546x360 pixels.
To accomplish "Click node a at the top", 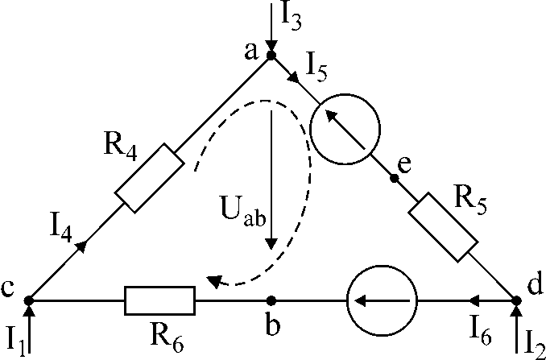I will pyautogui.click(x=271, y=55).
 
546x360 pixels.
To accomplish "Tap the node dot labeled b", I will pyautogui.click(x=271, y=301).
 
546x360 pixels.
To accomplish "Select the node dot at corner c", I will pyautogui.click(x=29, y=301).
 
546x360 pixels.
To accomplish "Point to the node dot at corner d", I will pyautogui.click(x=516, y=301).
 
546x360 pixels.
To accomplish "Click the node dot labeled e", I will pyautogui.click(x=394, y=177).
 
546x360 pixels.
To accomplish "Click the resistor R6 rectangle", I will pyautogui.click(x=159, y=301).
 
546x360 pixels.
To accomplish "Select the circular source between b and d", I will pyautogui.click(x=382, y=301).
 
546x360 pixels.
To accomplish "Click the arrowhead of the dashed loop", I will pyautogui.click(x=213, y=281).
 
